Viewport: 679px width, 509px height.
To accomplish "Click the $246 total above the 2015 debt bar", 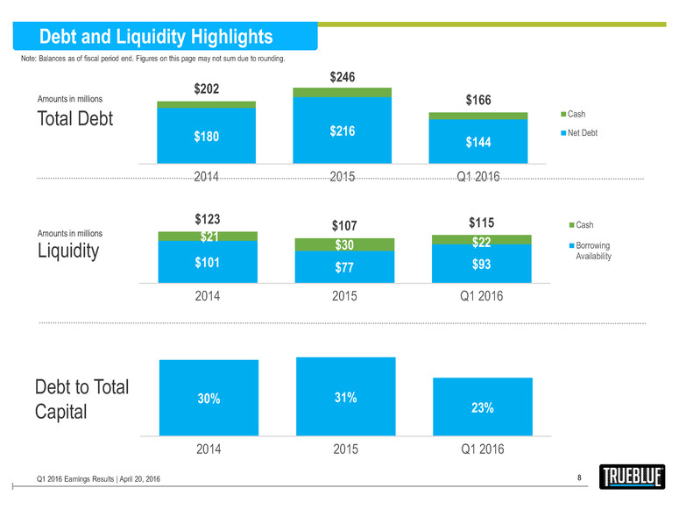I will pyautogui.click(x=342, y=78).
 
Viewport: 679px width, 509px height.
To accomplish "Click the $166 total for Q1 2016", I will pyautogui.click(x=477, y=101).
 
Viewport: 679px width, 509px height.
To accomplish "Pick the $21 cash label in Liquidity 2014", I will pyautogui.click(x=207, y=236).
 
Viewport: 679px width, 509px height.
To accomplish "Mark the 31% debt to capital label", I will pyautogui.click(x=344, y=399).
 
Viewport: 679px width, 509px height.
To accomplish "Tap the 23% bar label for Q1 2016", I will pyautogui.click(x=481, y=407).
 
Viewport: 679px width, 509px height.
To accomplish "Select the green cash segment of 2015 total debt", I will pyautogui.click(x=342, y=92).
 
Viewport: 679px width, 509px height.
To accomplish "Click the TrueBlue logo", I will pyautogui.click(x=633, y=478).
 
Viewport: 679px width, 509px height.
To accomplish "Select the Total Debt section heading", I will pyautogui.click(x=74, y=118).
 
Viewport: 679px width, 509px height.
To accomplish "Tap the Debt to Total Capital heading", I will pyautogui.click(x=81, y=399).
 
